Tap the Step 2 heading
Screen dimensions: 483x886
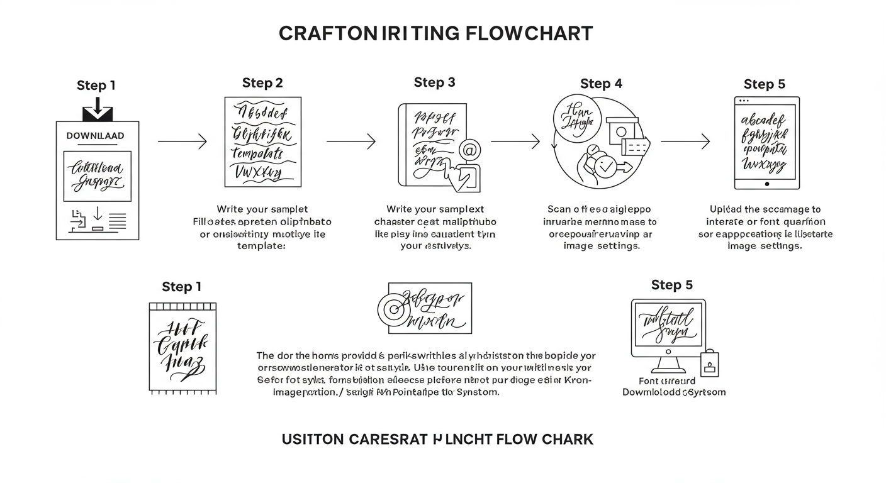coord(262,83)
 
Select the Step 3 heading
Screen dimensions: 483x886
coord(434,82)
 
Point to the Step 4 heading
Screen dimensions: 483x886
coord(601,84)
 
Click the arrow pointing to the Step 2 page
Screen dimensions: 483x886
coord(182,142)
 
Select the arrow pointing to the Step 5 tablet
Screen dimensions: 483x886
coord(685,142)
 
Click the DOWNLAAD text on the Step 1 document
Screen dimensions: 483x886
coord(96,135)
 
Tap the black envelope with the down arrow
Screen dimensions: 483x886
coord(98,111)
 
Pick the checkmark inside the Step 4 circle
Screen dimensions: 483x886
coord(605,167)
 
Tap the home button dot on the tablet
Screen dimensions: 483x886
coord(766,184)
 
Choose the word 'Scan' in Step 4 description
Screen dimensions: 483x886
coord(558,209)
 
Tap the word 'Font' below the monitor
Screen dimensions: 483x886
coord(649,380)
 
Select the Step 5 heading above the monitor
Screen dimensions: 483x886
coord(671,285)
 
